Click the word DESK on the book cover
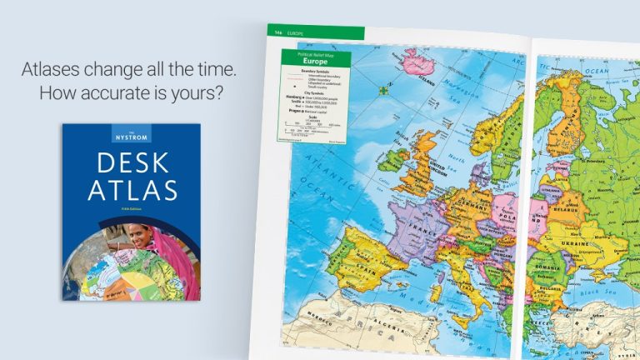(x=130, y=161)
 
